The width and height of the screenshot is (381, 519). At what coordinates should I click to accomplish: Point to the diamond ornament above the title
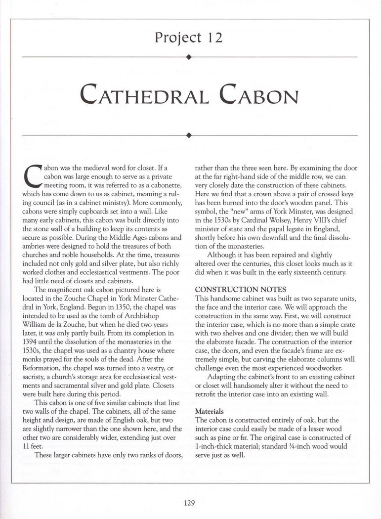[190, 57]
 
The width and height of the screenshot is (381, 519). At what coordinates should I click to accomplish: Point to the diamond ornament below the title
[190, 134]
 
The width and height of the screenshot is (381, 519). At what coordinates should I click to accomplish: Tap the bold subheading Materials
[210, 411]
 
